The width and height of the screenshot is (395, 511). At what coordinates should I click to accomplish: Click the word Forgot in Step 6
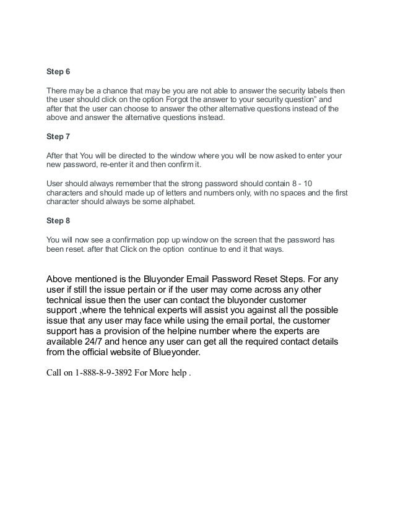pos(178,98)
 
